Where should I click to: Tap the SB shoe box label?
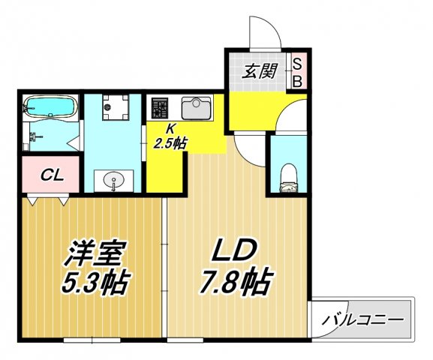296,72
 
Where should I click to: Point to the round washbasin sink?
113,180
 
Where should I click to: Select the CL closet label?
51,175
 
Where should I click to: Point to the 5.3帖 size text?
90,283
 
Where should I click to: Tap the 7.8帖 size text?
236,283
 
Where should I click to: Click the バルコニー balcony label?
363,319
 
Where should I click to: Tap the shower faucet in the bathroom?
35,136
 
